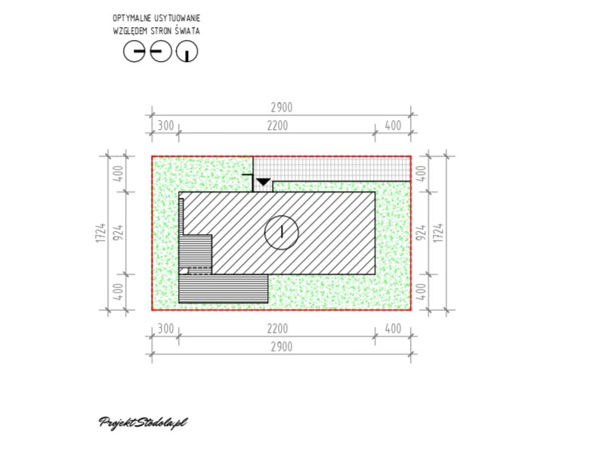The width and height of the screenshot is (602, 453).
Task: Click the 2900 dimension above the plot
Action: pos(282,107)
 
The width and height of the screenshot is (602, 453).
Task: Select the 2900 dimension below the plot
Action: pos(282,347)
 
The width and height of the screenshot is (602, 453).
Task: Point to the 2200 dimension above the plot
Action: pos(277,125)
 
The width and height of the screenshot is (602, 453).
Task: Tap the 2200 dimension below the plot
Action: pos(277,328)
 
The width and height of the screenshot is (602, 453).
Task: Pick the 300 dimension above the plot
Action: pos(166,125)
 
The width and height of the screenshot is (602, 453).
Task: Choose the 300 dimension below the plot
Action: pos(166,328)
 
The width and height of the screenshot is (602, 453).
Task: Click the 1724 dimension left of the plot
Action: pos(100,233)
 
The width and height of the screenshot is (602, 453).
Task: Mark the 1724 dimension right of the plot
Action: pos(439,233)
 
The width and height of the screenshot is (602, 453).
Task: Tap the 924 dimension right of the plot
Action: pos(421,233)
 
